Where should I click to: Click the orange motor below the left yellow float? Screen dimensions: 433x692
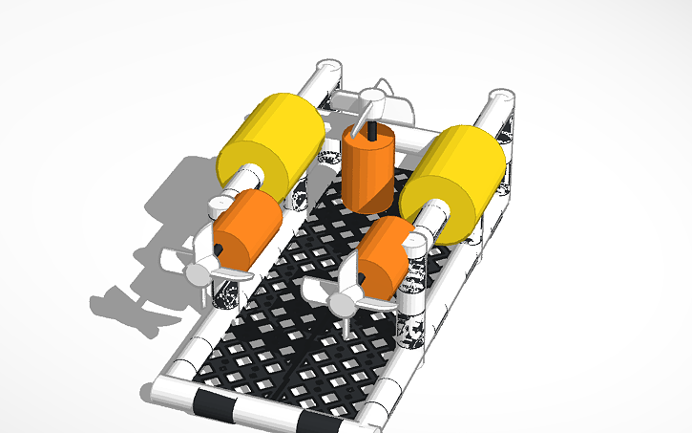[x=246, y=229]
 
